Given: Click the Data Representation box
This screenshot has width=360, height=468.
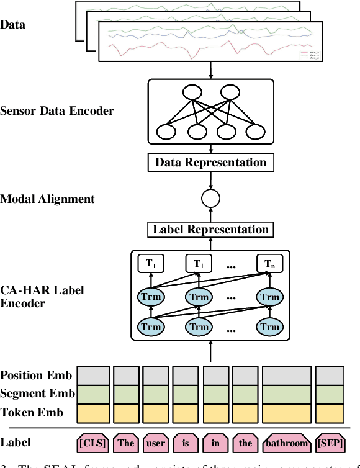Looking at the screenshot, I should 211,163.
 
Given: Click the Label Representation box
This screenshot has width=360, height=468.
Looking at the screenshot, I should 211,230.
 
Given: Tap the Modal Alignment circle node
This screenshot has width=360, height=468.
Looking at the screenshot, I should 211,199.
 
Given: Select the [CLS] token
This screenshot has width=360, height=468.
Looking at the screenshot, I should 93,443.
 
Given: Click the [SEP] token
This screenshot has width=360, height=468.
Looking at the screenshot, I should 330,443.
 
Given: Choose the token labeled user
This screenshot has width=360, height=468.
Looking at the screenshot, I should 155,443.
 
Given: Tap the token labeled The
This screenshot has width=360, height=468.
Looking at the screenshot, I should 126,443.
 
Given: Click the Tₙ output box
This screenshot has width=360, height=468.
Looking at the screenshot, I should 269,264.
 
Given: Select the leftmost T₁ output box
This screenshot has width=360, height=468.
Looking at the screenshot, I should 151,264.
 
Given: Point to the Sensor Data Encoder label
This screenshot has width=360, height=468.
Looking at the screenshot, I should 57,111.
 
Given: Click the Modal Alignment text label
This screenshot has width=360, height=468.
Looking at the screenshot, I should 48,199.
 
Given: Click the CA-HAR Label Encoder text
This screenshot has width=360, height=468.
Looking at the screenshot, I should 41,297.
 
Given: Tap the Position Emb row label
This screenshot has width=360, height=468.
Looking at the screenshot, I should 36,376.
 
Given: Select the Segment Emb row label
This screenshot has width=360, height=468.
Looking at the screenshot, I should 37,394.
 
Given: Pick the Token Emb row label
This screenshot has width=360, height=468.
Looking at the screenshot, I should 32,412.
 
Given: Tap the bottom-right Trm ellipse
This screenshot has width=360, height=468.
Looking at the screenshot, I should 269,326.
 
